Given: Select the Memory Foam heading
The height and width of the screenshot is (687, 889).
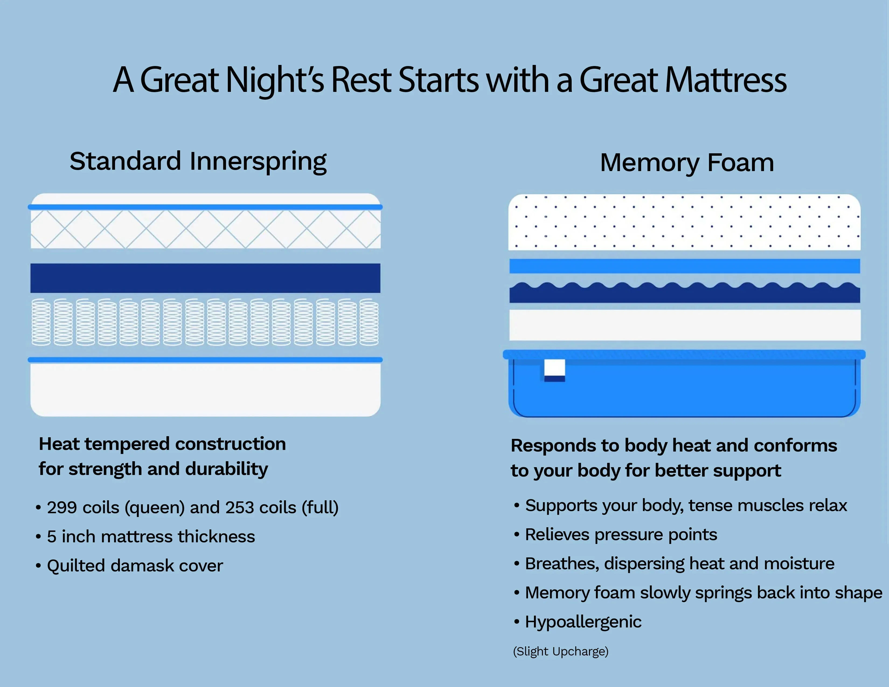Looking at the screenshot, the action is click(687, 163).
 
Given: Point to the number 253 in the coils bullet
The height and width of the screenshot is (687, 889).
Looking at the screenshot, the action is click(240, 508).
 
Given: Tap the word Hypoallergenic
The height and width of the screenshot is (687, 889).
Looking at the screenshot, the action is click(583, 622).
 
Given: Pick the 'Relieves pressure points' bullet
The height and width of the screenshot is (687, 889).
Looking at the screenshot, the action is click(616, 535).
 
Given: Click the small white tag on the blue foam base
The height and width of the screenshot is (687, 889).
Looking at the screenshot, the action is click(555, 368).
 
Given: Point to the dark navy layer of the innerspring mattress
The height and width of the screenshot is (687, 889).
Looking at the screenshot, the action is click(206, 278).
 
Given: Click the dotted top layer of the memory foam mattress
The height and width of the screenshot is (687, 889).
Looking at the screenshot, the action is click(685, 222).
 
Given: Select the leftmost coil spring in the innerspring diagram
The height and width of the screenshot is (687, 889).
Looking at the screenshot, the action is click(41, 322).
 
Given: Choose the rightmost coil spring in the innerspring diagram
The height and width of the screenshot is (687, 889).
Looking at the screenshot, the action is click(369, 322).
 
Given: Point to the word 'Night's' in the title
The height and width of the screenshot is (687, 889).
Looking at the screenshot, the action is click(275, 81).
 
